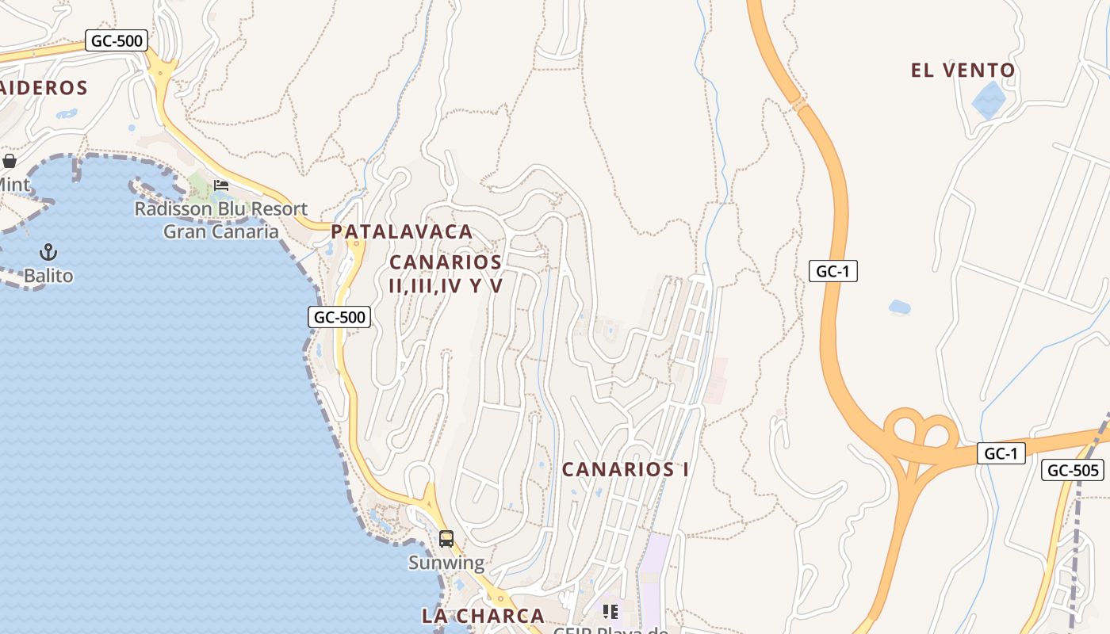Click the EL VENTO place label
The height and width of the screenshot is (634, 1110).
click(963, 71)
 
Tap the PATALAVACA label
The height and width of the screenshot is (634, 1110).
click(402, 232)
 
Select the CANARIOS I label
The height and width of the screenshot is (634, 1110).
click(625, 469)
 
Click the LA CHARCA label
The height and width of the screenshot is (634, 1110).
click(483, 616)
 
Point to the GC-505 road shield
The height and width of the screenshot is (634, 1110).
click(1073, 470)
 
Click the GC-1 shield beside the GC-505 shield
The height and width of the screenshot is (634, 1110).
click(1001, 453)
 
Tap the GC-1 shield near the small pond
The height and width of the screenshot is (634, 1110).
click(832, 271)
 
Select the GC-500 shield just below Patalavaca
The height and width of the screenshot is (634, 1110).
click(339, 317)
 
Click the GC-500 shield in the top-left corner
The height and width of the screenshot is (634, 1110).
click(117, 40)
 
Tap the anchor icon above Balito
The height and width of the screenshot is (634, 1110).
click(49, 253)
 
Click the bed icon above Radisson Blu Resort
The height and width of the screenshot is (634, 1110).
click(221, 185)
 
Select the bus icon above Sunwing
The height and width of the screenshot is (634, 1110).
click(446, 539)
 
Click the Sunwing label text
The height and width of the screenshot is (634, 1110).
click(446, 563)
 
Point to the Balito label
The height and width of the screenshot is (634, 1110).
click(48, 276)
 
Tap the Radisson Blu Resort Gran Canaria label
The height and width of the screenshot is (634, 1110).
click(221, 220)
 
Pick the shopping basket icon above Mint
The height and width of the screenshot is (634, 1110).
click(10, 162)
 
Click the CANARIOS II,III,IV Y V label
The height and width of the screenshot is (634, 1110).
click(446, 273)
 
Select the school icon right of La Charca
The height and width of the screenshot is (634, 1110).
click(610, 611)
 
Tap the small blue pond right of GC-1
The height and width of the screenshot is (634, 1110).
click(900, 307)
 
